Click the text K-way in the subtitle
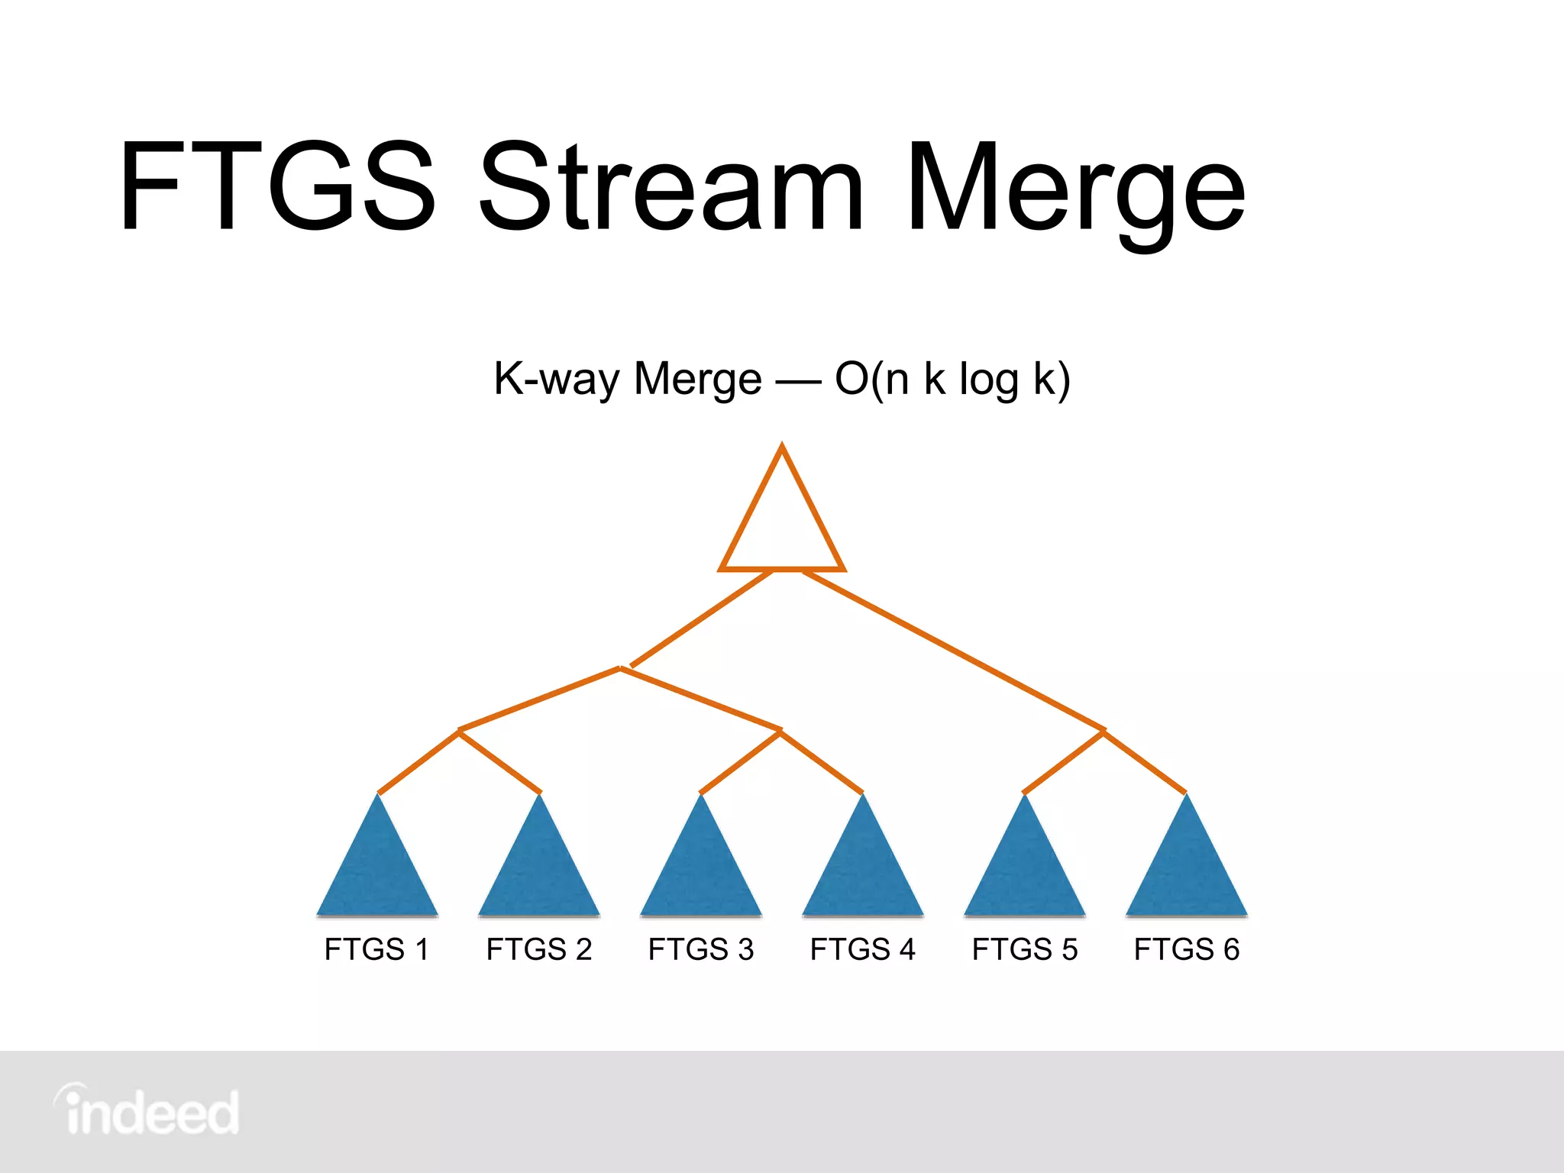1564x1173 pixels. point(556,379)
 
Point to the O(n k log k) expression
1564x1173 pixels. point(952,379)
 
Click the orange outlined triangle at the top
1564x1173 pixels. point(782,527)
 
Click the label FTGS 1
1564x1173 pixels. point(376,949)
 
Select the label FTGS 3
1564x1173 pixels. point(701,949)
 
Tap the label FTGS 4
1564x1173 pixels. point(863,949)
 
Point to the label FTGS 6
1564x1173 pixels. point(1187,949)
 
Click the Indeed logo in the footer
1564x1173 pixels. point(147,1111)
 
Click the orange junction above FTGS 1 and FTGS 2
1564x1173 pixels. point(459,731)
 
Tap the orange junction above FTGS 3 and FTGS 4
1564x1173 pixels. point(780,731)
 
